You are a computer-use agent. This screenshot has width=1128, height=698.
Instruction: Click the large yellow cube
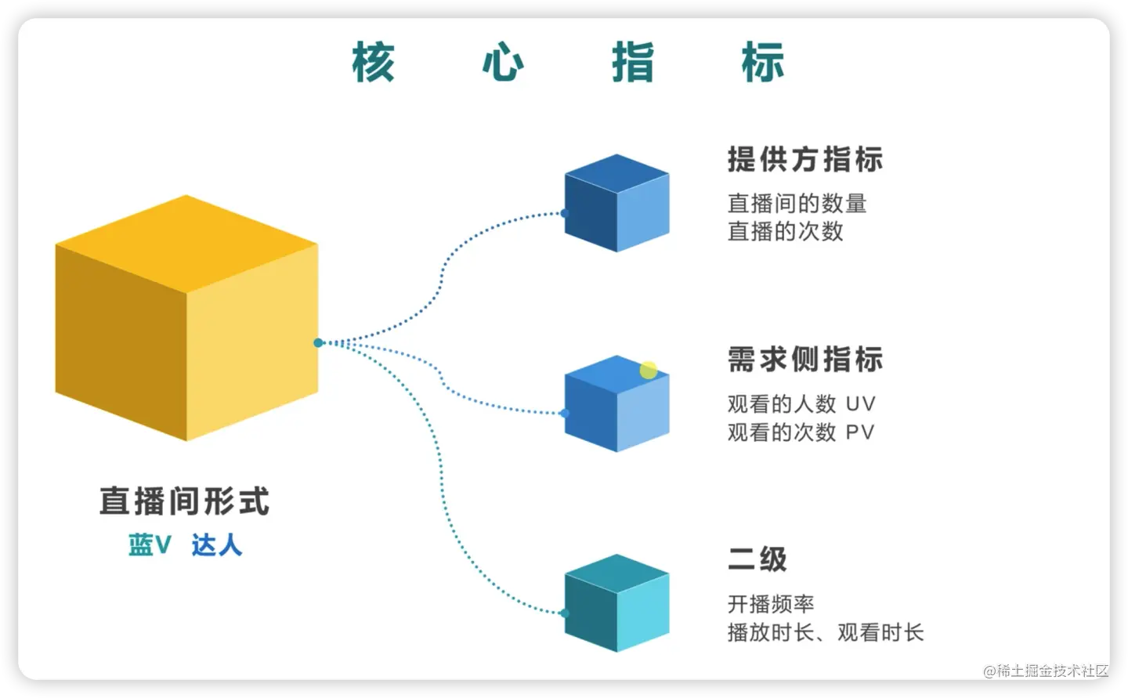[x=186, y=317]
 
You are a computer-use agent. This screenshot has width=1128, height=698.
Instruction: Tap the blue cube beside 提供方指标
[x=616, y=203]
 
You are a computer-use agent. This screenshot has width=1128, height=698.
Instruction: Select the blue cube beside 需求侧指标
[x=616, y=404]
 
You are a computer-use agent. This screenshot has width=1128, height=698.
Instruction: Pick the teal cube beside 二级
[x=616, y=603]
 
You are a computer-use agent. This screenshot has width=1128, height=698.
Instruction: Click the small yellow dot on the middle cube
[x=648, y=370]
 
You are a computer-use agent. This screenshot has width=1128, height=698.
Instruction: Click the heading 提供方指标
[x=804, y=160]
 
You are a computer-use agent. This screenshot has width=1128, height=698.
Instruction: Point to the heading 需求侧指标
[x=804, y=360]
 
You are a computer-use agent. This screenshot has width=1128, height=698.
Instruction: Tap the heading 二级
[x=757, y=559]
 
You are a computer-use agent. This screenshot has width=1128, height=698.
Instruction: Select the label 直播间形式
[x=184, y=501]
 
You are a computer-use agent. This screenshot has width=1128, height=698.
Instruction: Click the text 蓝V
[x=150, y=544]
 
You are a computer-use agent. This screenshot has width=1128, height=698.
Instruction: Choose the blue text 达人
[x=217, y=544]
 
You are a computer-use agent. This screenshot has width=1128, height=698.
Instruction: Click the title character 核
[x=373, y=63]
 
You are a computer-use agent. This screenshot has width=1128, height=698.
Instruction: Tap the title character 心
[x=503, y=63]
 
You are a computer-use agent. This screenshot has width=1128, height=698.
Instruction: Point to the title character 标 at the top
[x=762, y=63]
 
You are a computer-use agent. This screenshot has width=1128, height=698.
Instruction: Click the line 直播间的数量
[x=797, y=204]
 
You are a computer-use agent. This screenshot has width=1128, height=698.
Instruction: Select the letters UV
[x=860, y=404]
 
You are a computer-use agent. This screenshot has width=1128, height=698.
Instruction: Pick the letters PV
[x=859, y=432]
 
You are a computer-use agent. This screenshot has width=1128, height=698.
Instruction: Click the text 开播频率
[x=771, y=604]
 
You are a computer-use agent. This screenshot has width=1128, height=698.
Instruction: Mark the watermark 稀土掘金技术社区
[x=1047, y=671]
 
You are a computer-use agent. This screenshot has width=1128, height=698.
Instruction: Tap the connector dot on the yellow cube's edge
[x=318, y=342]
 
